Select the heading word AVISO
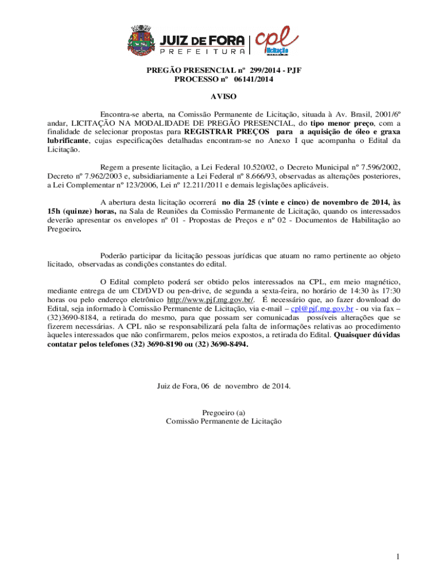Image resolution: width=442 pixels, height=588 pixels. (x=223, y=97)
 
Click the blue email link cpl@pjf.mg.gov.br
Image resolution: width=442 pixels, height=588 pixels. (x=321, y=308)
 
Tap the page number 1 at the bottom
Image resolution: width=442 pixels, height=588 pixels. (x=397, y=556)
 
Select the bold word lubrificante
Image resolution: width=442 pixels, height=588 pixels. (x=68, y=141)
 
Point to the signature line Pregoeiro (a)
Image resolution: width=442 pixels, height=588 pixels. (x=224, y=412)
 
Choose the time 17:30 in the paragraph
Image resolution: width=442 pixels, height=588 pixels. (x=390, y=291)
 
